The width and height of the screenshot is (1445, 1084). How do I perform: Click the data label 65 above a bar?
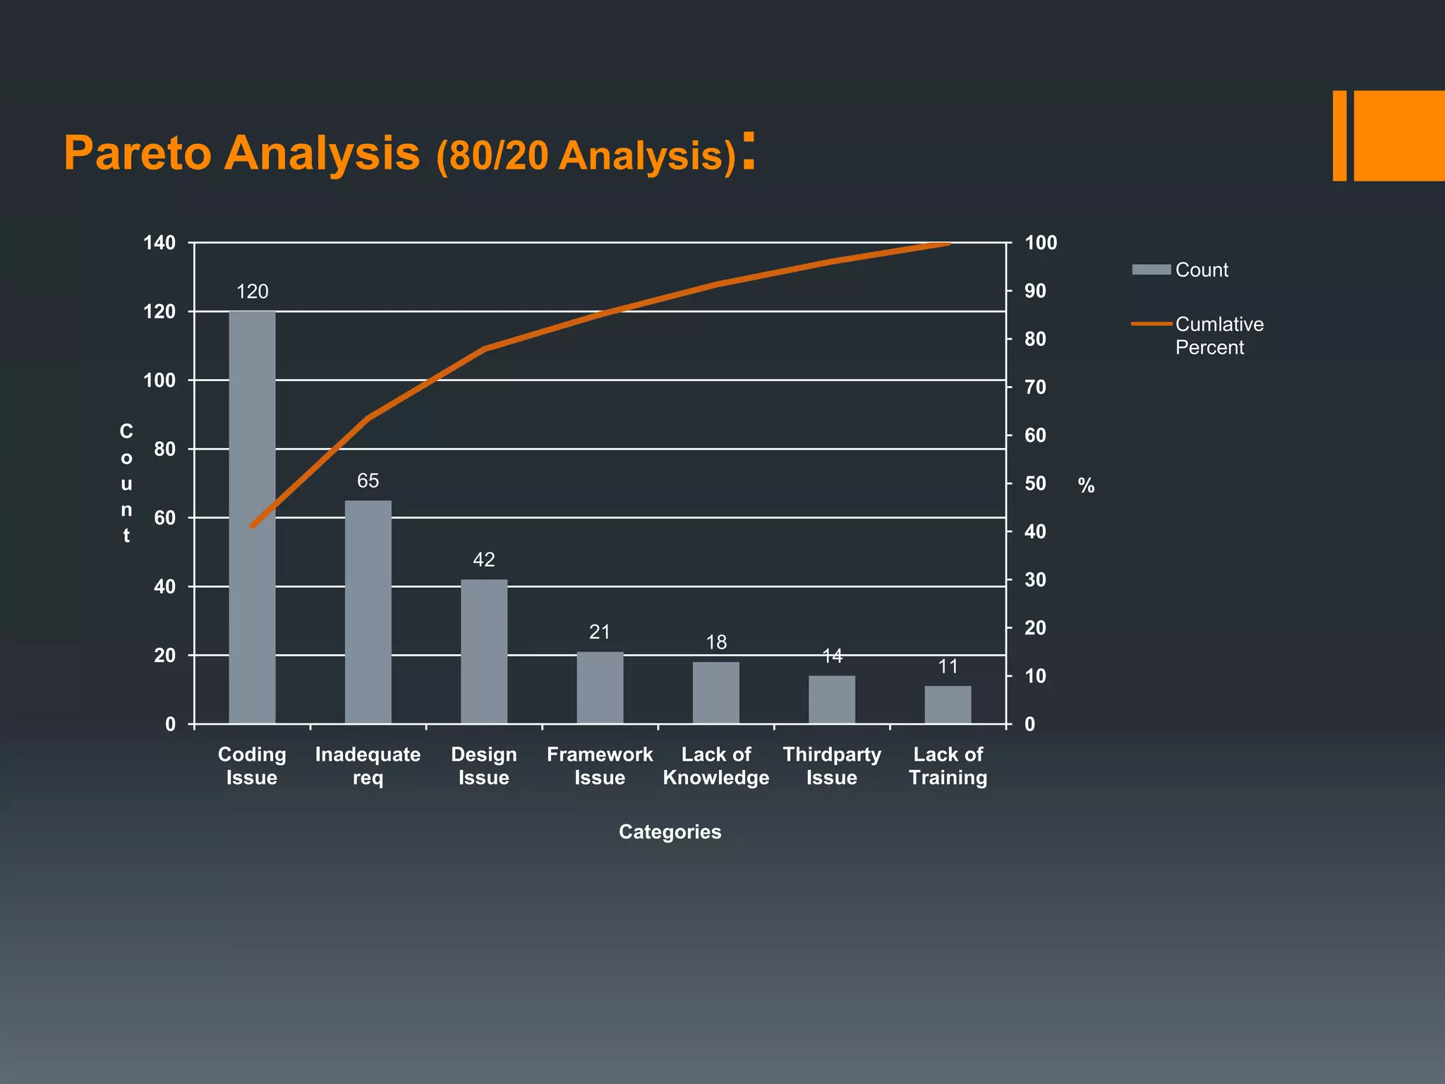[368, 481]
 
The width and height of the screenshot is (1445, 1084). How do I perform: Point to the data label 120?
[252, 291]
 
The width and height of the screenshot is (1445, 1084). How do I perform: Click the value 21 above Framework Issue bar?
[600, 632]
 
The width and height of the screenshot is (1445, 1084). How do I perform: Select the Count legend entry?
[1201, 270]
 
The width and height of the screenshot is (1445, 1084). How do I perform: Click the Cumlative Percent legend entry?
[1219, 335]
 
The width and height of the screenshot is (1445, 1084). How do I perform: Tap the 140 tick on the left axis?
[159, 243]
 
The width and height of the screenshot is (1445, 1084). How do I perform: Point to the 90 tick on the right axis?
[1035, 291]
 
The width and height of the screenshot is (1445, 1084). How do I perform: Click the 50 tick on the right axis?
[1035, 483]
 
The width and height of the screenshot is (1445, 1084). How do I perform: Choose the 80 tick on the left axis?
[164, 449]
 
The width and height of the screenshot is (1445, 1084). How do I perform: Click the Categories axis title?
[670, 831]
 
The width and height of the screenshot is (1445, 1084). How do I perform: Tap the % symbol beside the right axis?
[1086, 486]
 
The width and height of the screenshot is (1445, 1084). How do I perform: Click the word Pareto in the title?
[137, 152]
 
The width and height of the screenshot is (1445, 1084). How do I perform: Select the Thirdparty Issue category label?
[832, 766]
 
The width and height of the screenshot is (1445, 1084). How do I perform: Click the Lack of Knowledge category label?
[716, 766]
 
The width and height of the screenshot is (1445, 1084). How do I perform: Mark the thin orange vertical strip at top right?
[1339, 135]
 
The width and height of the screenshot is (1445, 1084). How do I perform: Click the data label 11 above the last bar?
[948, 666]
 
